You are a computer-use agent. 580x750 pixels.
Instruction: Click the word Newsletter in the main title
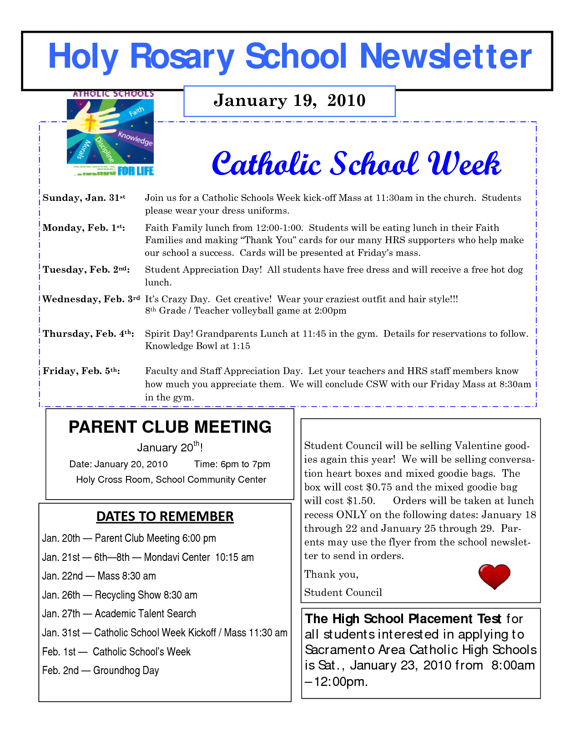tap(445, 56)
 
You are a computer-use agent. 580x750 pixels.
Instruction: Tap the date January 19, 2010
tap(289, 100)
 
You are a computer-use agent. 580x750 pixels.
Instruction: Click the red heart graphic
tap(494, 576)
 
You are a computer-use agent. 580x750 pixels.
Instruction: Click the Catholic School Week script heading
tap(356, 164)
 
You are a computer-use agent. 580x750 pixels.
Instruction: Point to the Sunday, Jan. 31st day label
tap(84, 198)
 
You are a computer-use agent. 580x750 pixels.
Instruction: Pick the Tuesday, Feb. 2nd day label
tap(86, 270)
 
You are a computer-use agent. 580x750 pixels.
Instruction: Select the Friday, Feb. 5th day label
tap(81, 371)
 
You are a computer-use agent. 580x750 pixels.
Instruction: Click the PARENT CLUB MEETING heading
tap(170, 427)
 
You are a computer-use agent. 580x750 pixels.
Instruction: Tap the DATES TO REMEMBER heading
tap(165, 516)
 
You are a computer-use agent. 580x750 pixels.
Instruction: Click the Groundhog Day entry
tap(101, 670)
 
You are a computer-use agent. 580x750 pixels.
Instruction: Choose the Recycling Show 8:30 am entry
tap(120, 595)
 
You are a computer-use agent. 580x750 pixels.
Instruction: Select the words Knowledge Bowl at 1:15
tap(197, 346)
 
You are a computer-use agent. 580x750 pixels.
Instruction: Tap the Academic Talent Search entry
tap(119, 614)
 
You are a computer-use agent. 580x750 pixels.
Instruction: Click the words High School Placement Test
tap(403, 619)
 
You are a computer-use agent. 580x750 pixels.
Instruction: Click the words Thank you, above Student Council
tap(331, 574)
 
